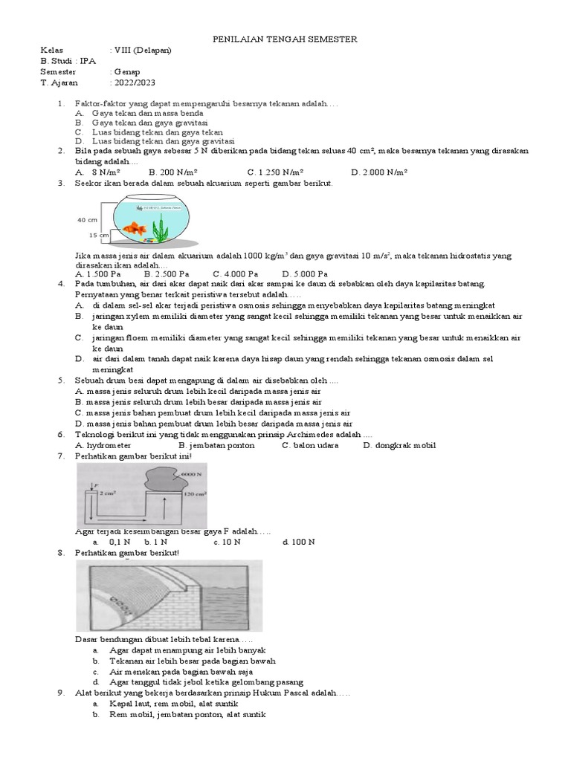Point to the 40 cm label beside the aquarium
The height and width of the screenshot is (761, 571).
pos(87,220)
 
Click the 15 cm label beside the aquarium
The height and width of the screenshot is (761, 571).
pos(98,235)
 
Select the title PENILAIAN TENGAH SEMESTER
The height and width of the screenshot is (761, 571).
pos(285,39)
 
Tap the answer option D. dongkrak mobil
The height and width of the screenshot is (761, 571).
pos(399,445)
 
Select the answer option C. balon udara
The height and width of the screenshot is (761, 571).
pos(310,445)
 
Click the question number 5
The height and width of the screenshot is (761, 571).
pos(60,380)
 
